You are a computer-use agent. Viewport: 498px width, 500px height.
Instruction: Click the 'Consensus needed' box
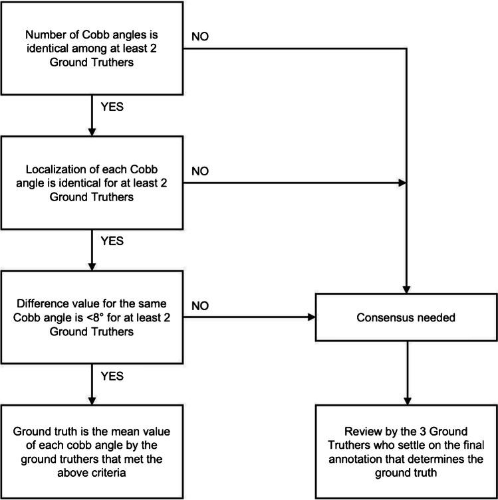[406, 317]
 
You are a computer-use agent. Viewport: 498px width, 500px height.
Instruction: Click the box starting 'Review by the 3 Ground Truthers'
[406, 451]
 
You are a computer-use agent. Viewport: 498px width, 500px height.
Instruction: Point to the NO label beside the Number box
[200, 36]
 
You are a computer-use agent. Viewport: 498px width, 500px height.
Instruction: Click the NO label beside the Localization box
[200, 171]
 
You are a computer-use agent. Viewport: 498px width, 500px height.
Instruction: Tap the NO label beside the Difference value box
[200, 305]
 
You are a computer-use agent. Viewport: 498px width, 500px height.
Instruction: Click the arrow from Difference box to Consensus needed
[249, 317]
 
